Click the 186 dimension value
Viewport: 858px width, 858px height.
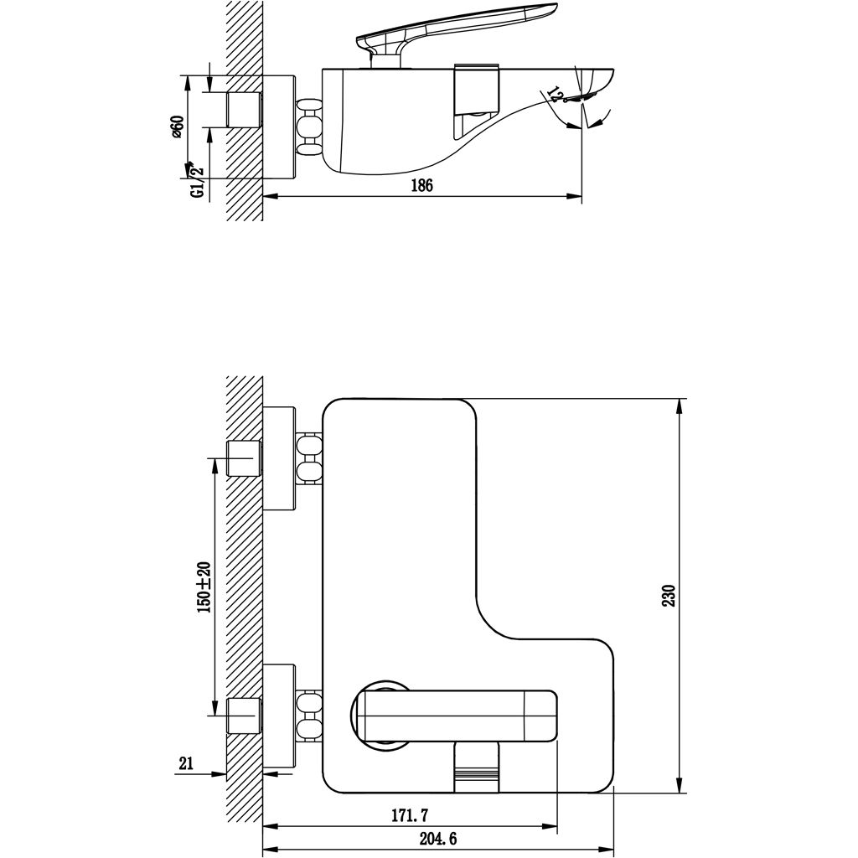(x=421, y=186)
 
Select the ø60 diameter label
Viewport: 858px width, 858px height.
(x=178, y=126)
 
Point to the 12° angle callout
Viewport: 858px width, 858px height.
(x=553, y=93)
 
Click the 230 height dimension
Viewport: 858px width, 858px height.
(x=669, y=595)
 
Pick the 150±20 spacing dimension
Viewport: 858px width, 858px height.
(x=203, y=587)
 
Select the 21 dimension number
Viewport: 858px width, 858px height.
(x=186, y=763)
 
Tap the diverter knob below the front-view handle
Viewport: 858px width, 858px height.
(x=475, y=767)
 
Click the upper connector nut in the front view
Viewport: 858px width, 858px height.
(x=308, y=459)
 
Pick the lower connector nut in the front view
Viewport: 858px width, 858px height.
(x=308, y=717)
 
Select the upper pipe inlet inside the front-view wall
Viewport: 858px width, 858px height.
(x=245, y=459)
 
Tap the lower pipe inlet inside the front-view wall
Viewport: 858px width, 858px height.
(x=245, y=717)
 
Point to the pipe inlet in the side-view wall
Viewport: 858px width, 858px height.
(x=245, y=109)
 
